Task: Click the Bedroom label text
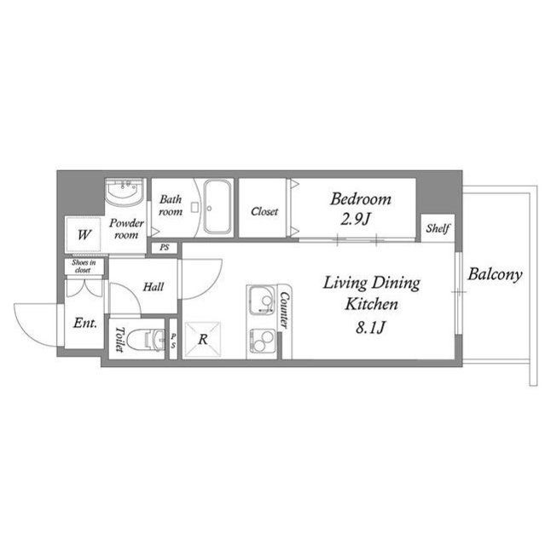[361, 198]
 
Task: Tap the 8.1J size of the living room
[370, 327]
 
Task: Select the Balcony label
[495, 274]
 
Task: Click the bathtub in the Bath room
[217, 207]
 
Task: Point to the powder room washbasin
[125, 192]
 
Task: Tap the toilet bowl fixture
[147, 339]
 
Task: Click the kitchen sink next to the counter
[262, 301]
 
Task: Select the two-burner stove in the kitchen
[262, 341]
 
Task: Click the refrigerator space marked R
[202, 340]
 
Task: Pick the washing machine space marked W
[84, 234]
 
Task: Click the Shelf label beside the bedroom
[438, 228]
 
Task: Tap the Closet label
[264, 211]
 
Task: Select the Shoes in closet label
[84, 266]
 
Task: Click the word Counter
[284, 310]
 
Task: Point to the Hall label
[154, 287]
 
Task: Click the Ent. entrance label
[85, 323]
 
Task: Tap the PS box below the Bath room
[165, 248]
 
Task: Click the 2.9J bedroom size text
[356, 219]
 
